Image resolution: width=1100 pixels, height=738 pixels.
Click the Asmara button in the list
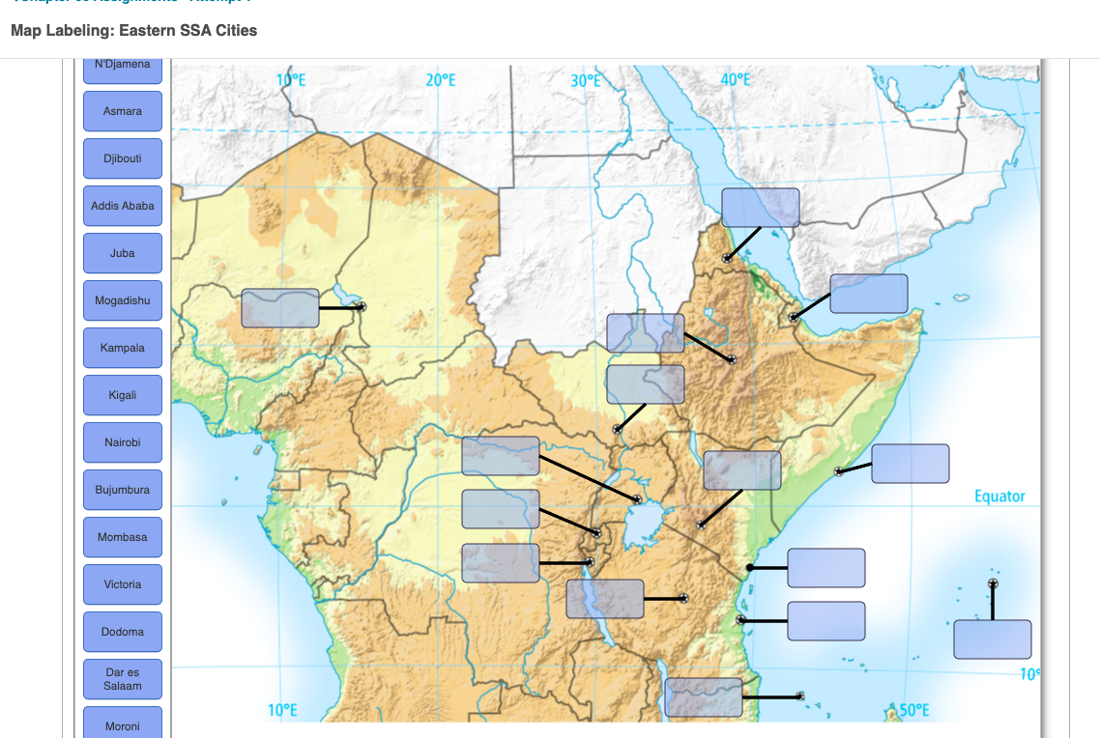(123, 111)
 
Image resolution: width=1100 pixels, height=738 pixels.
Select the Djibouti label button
(123, 158)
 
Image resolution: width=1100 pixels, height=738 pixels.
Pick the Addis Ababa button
(123, 206)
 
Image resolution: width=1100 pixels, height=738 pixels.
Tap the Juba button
(123, 253)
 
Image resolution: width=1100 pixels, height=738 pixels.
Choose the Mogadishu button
(123, 300)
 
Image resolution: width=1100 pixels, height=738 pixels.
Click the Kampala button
(123, 348)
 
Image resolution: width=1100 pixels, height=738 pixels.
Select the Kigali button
(123, 395)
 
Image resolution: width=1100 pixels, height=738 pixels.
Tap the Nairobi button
(123, 442)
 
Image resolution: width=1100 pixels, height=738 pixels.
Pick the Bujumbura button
(123, 490)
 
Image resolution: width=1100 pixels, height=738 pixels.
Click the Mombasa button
(123, 537)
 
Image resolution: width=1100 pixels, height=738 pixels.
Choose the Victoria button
(123, 584)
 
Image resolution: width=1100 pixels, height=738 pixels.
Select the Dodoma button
(123, 632)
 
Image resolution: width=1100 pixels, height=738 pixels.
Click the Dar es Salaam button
(123, 679)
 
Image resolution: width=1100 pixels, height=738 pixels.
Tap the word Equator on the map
(999, 497)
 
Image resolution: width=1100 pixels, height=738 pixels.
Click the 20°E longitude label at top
(440, 80)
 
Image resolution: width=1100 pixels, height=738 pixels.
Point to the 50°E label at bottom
(913, 711)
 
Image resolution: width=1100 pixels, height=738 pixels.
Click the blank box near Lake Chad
(280, 308)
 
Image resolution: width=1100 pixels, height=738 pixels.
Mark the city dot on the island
(993, 583)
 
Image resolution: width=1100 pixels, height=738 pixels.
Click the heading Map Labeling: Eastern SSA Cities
(134, 31)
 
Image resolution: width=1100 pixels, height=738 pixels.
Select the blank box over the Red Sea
(761, 208)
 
